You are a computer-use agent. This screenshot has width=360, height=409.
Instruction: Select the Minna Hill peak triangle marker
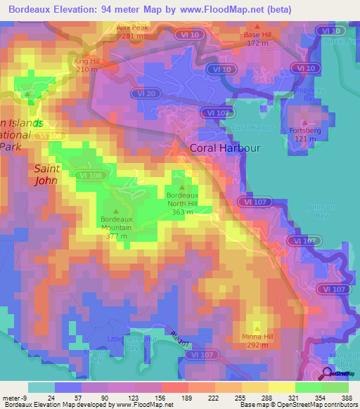(x=257, y=327)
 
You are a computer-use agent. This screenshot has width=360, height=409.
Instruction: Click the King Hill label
(x=86, y=61)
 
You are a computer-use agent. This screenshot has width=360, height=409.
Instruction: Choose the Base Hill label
(x=257, y=34)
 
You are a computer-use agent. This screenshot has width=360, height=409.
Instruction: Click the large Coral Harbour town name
(x=224, y=148)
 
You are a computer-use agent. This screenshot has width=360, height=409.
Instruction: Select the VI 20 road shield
(x=146, y=92)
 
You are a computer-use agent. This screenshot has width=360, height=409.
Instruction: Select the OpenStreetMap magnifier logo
(x=328, y=375)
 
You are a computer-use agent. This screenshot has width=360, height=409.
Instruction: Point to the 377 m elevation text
(x=116, y=236)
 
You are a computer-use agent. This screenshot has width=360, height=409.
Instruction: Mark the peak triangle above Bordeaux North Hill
(x=183, y=188)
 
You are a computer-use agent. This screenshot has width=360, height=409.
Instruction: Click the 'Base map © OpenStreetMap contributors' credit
(x=297, y=405)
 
